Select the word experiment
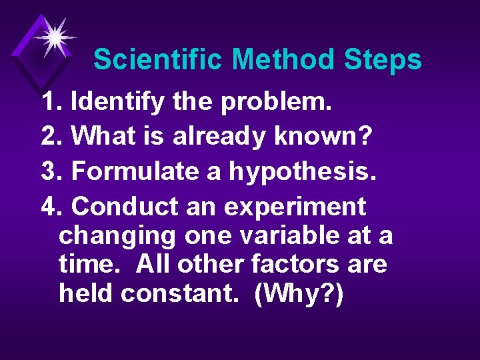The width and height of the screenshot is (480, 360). click(295, 207)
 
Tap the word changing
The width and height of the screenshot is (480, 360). click(117, 236)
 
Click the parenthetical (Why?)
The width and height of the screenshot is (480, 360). click(299, 294)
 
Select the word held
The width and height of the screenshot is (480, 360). click(86, 294)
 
